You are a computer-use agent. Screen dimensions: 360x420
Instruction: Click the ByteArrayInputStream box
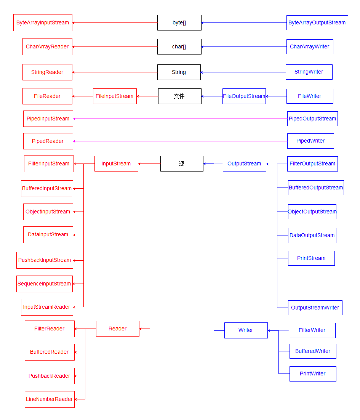coord(43,23)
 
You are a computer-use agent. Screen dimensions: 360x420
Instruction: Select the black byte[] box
coord(179,23)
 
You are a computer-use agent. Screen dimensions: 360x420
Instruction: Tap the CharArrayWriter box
coord(310,46)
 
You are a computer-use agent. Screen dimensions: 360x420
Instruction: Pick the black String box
coord(179,72)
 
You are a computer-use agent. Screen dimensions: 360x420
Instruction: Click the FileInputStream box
coord(115,96)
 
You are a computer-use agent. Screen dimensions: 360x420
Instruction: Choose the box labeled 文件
coord(179,96)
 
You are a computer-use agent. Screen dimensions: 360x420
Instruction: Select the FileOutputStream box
coord(244,96)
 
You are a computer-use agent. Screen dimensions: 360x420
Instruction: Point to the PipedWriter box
coord(310,141)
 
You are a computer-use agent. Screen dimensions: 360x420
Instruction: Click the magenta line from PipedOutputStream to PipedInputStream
coord(180,119)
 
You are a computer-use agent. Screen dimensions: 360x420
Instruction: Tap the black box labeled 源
coord(182,164)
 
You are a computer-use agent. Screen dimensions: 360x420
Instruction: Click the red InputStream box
coord(116,164)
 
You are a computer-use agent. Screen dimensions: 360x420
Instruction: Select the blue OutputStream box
coord(244,164)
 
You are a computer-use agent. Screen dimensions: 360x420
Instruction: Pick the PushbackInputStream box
coord(45,260)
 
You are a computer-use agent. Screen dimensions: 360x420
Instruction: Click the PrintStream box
coord(311,258)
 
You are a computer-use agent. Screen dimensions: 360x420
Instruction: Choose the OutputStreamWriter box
coord(315,308)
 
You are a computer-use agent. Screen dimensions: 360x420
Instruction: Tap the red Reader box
coord(117,329)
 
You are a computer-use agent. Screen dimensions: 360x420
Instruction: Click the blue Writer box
coord(246,330)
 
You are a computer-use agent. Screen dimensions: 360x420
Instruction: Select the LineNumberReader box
coord(50,399)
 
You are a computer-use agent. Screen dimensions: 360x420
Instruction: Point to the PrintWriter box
coord(313,374)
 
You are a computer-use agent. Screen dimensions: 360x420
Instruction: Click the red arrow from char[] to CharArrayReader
coord(115,46)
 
